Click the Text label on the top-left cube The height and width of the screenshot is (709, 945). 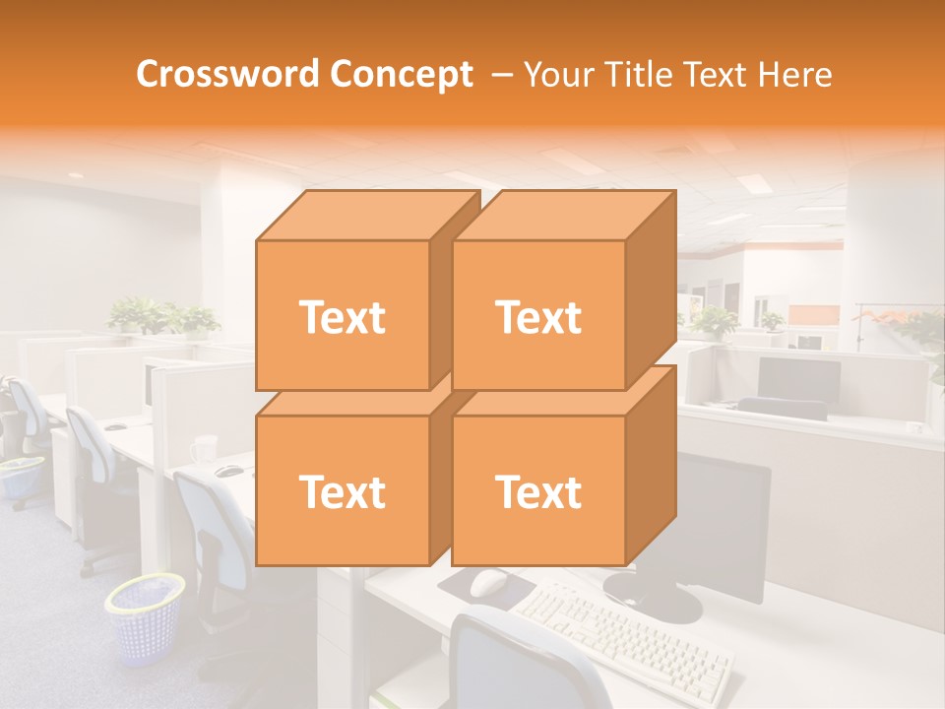[x=342, y=317]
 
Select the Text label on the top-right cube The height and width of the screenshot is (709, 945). [x=537, y=317]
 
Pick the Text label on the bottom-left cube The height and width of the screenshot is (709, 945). [x=342, y=491]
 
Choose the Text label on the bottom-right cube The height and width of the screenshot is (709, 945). [x=537, y=491]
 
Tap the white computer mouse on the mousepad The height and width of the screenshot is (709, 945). [x=488, y=583]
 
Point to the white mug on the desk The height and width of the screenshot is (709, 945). [x=204, y=449]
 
